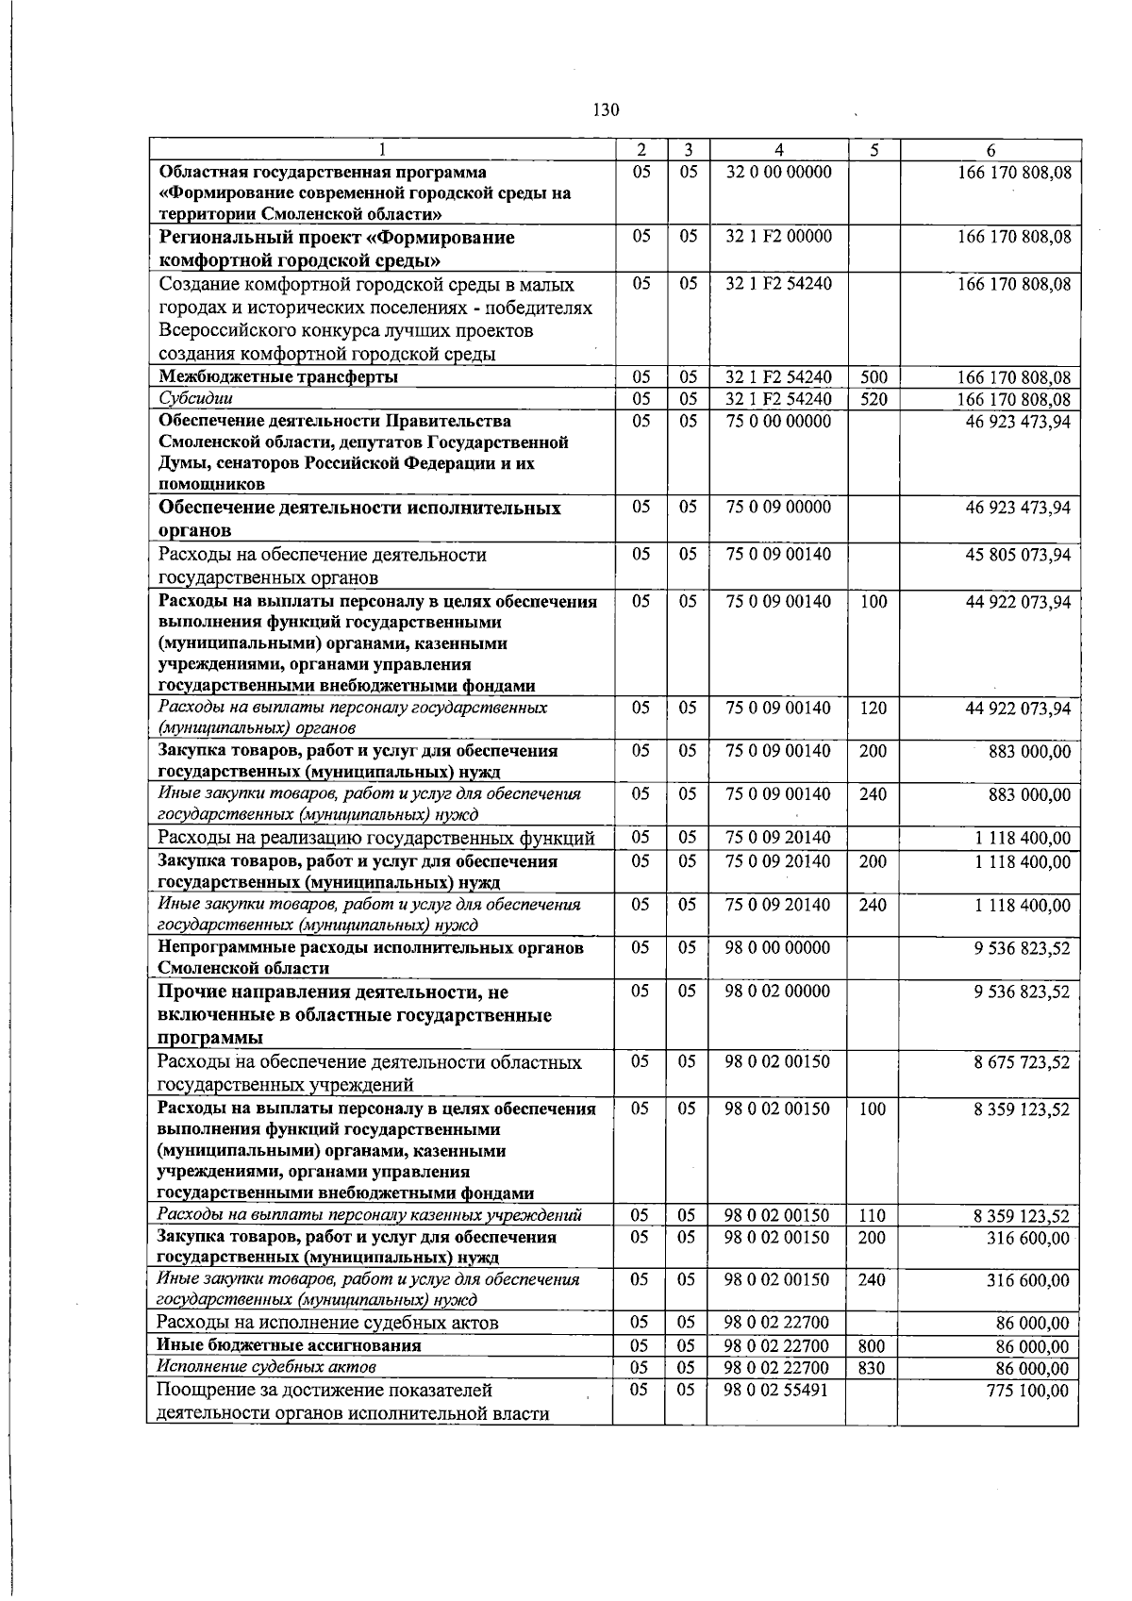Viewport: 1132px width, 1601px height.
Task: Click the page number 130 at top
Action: click(x=606, y=110)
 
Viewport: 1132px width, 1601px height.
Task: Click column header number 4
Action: click(x=778, y=150)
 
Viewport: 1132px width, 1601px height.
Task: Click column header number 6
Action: click(x=990, y=150)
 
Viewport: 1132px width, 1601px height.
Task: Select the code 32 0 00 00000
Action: click(x=778, y=173)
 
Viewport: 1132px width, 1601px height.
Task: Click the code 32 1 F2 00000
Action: click(x=778, y=237)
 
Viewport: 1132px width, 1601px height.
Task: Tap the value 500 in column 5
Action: click(x=874, y=377)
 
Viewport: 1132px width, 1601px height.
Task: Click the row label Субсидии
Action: click(x=195, y=399)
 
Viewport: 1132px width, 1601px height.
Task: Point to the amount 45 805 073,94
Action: click(x=1018, y=555)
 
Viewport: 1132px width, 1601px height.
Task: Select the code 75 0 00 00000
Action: click(x=778, y=421)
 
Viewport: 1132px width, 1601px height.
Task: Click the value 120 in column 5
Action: click(x=874, y=708)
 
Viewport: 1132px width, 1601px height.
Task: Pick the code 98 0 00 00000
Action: click(x=778, y=947)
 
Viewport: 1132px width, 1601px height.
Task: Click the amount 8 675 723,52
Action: click(x=1022, y=1062)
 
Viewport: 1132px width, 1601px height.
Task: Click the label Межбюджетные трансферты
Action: click(x=278, y=377)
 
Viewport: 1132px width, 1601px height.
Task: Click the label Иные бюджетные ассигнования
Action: click(x=289, y=1345)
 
